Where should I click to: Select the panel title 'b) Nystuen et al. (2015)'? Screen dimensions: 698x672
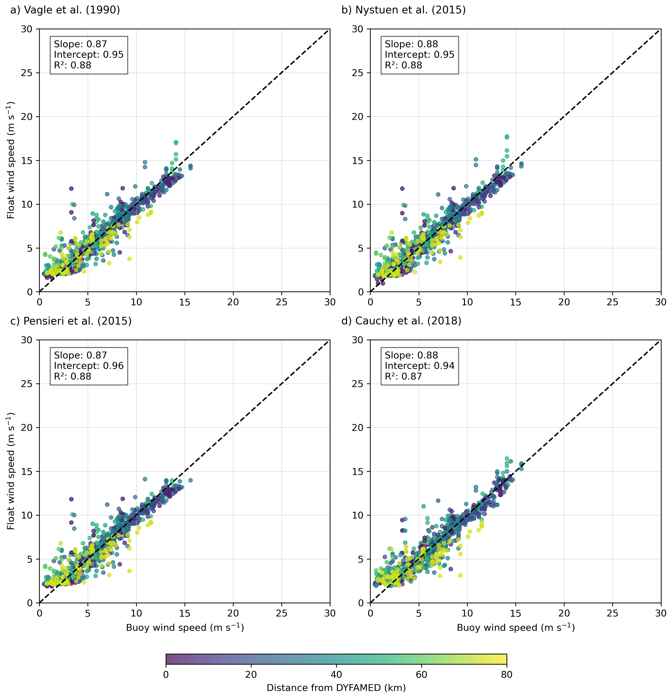(403, 10)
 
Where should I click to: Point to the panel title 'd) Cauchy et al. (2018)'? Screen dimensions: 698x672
(401, 321)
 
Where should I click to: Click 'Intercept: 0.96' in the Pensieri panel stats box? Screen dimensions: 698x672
(89, 366)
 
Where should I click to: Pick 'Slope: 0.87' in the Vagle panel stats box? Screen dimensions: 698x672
(80, 44)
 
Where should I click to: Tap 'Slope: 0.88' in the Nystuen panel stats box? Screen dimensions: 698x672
(411, 44)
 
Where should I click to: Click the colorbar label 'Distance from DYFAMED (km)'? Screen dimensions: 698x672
(336, 688)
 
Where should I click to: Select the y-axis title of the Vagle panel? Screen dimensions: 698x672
(11, 160)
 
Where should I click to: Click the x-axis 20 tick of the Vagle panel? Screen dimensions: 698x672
(233, 302)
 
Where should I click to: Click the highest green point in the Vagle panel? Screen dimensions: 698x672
(176, 142)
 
